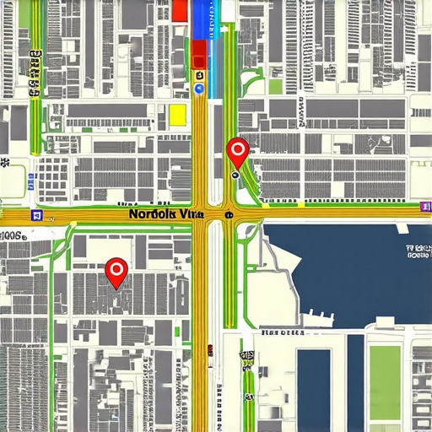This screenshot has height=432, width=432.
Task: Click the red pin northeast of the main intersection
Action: click(x=238, y=152)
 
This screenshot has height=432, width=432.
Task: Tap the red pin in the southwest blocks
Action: click(x=116, y=271)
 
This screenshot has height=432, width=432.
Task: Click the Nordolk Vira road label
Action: click(x=166, y=214)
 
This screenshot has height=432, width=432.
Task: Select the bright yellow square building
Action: click(x=177, y=115)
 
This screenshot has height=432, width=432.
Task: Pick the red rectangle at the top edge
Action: click(x=179, y=10)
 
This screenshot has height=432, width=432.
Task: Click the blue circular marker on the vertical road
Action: click(x=199, y=87)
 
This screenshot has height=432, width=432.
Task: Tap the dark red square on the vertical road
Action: click(x=199, y=54)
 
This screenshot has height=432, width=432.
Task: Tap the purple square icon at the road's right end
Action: click(x=424, y=205)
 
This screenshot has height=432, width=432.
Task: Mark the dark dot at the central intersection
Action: click(x=229, y=215)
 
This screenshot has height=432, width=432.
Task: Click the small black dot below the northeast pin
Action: click(x=235, y=176)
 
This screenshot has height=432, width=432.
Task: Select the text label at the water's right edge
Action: click(x=419, y=250)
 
